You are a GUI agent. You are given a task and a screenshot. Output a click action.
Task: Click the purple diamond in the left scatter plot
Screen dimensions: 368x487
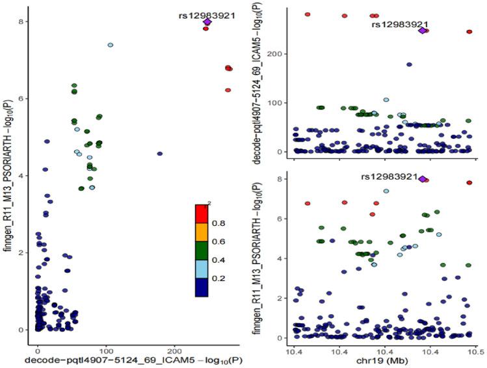coord(207,22)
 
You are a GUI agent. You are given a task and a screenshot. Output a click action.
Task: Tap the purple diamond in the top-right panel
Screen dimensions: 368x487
coord(423,31)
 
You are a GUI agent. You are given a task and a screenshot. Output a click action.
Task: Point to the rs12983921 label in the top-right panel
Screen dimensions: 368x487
coord(399,24)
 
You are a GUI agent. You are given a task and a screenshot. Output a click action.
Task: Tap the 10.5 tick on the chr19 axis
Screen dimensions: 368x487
coord(476,351)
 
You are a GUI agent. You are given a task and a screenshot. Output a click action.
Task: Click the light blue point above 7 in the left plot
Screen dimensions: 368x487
coord(111,45)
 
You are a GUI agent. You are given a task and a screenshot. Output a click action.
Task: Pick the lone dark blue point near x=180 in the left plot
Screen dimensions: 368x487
coord(160,154)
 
